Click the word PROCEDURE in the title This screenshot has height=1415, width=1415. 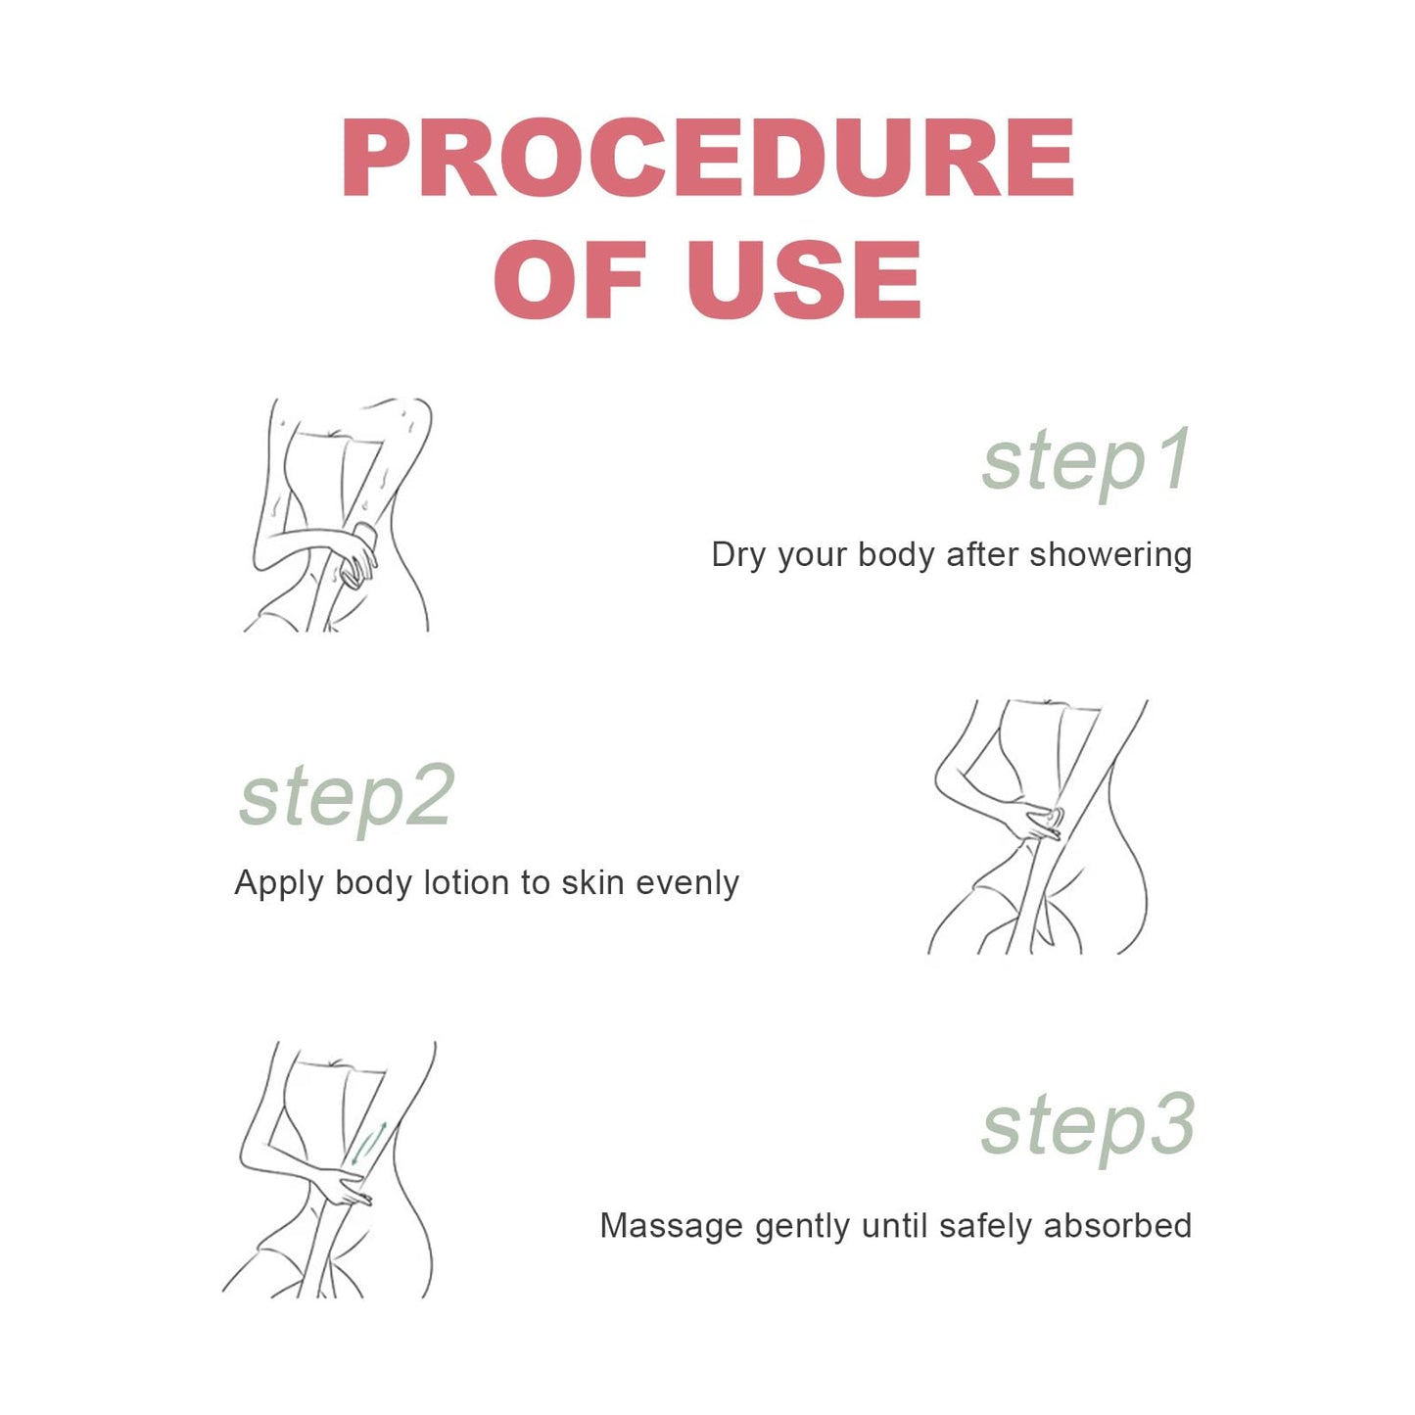[x=708, y=158]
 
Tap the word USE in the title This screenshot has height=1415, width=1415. [x=805, y=279]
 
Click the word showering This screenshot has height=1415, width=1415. [x=1110, y=555]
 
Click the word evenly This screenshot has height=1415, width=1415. [x=687, y=883]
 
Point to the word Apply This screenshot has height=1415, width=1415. [x=278, y=883]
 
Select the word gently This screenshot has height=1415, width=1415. [x=803, y=1227]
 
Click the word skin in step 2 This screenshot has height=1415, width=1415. [x=593, y=882]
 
